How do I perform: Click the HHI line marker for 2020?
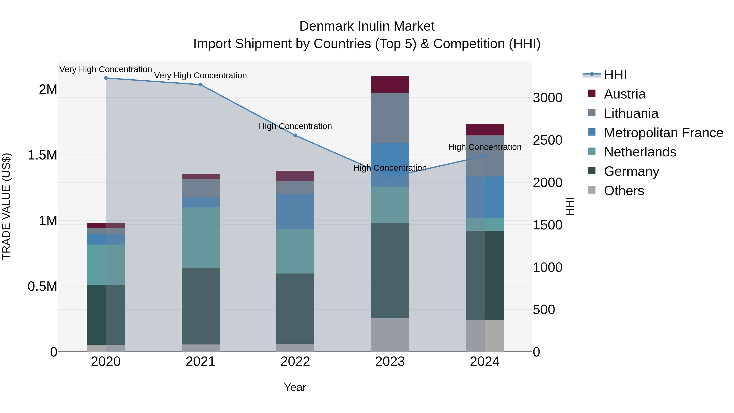[x=106, y=78]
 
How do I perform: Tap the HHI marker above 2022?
[x=295, y=135]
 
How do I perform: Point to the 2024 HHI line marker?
[x=485, y=156]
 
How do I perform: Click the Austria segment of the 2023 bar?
[x=390, y=84]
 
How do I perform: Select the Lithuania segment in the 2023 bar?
[x=390, y=117]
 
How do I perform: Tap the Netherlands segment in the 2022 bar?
[x=295, y=251]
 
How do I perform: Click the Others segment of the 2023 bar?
[x=390, y=335]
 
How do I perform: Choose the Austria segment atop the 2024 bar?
[x=485, y=130]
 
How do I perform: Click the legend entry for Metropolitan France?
[x=663, y=133]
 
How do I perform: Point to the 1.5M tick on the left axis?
[x=42, y=155]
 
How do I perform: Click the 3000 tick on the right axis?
[x=547, y=98]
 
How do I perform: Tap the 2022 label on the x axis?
[x=295, y=362]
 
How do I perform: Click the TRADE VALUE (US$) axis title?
[x=6, y=206]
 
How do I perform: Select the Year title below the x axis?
[x=295, y=387]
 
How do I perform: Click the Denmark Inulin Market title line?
[x=367, y=26]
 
